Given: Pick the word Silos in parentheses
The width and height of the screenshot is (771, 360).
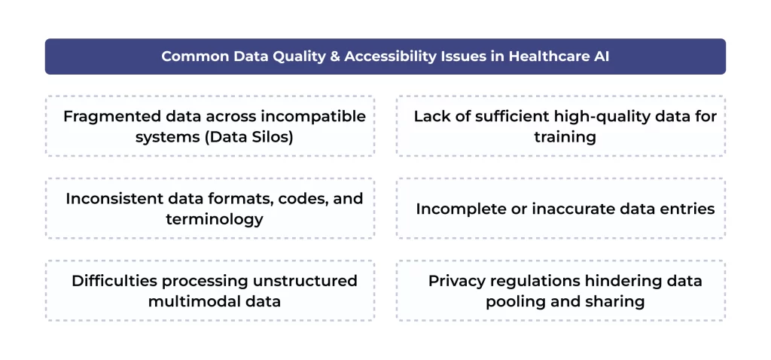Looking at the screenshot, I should click(272, 137).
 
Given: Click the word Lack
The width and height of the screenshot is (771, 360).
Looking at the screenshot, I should click(431, 117).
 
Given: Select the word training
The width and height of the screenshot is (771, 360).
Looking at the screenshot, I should click(565, 137).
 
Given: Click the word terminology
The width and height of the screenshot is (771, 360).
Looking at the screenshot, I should click(215, 219).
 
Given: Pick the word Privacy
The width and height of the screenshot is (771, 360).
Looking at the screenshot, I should click(455, 281).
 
